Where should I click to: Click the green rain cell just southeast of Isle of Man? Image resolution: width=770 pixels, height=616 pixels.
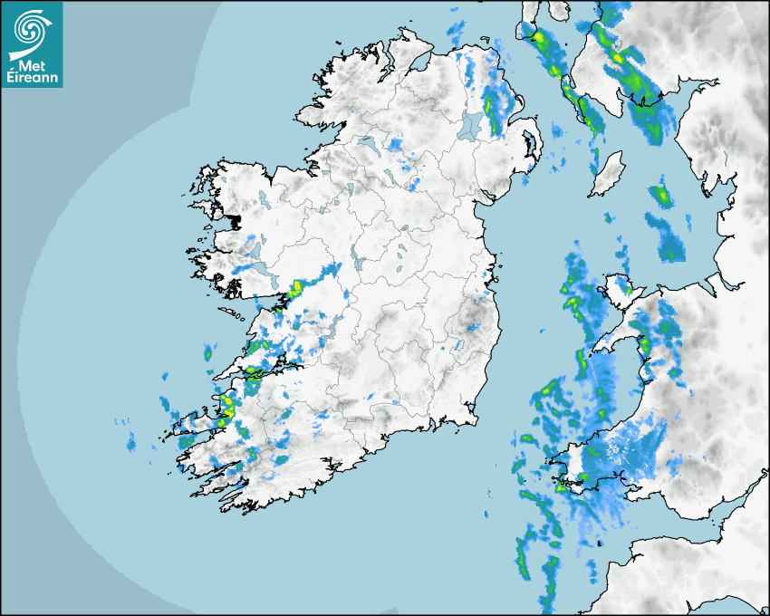click(x=662, y=194)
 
